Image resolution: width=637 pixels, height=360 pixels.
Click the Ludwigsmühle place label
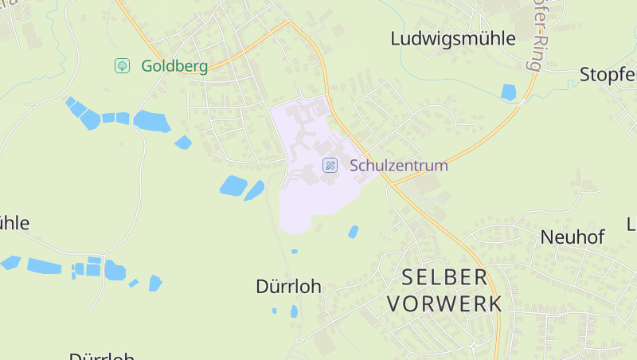(x=453, y=38)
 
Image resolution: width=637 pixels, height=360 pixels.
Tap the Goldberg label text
(x=174, y=66)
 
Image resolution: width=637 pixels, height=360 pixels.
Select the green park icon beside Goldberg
(x=123, y=66)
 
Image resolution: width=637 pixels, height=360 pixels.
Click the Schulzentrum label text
(x=398, y=166)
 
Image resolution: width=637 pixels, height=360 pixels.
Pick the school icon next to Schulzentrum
(x=329, y=166)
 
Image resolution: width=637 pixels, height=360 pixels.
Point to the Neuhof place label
(x=573, y=237)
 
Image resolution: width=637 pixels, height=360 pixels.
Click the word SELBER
(x=444, y=277)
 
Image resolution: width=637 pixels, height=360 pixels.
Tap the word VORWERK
(x=444, y=303)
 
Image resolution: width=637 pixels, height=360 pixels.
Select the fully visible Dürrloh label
(x=288, y=287)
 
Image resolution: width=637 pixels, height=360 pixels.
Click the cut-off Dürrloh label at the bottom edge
(x=101, y=356)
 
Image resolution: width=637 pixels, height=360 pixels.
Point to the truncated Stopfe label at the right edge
(x=608, y=76)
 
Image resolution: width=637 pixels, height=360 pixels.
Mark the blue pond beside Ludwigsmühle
(x=508, y=92)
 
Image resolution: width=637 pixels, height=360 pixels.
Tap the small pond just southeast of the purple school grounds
(x=353, y=232)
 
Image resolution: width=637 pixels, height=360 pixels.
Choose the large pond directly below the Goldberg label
(x=151, y=121)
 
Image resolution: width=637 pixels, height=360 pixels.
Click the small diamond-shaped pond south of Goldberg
(x=183, y=143)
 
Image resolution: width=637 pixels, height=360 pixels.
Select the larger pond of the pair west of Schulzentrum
(x=233, y=186)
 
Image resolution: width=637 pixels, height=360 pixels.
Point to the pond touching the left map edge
(x=10, y=262)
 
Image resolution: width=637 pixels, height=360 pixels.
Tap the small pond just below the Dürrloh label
(x=294, y=311)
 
